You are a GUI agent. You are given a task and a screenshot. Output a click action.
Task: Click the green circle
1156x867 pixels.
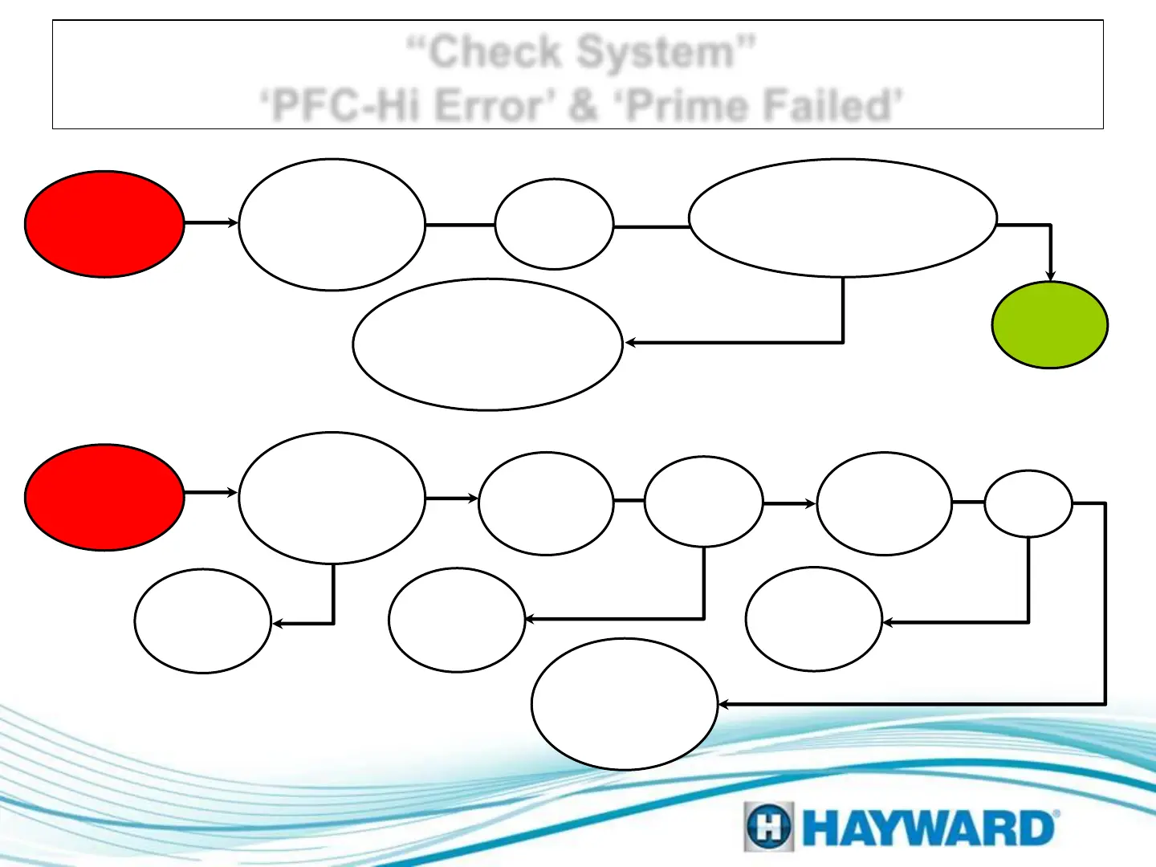(1050, 325)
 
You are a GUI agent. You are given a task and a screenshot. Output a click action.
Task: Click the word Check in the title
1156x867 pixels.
(495, 52)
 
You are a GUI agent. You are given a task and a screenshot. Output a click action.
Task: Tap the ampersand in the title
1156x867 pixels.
(583, 106)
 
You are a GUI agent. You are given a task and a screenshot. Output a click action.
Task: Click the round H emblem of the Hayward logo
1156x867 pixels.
(768, 827)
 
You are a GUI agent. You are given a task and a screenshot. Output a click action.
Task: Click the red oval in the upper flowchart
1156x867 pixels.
(104, 224)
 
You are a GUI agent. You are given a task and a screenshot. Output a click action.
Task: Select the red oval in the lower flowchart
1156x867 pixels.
(104, 498)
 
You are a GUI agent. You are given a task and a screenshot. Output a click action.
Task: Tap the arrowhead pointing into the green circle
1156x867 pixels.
(1050, 276)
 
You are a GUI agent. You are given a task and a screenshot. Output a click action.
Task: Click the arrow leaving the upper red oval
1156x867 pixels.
(210, 223)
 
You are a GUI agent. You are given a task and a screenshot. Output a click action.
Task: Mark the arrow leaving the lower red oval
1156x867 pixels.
(210, 492)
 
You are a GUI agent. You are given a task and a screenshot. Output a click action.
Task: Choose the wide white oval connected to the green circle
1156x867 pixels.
(843, 218)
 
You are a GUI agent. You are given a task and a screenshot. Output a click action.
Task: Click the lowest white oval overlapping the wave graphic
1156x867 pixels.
(624, 704)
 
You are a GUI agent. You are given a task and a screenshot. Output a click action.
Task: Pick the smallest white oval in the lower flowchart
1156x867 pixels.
(1028, 503)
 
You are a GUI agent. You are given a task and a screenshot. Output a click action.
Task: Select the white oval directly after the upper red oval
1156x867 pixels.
(332, 225)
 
